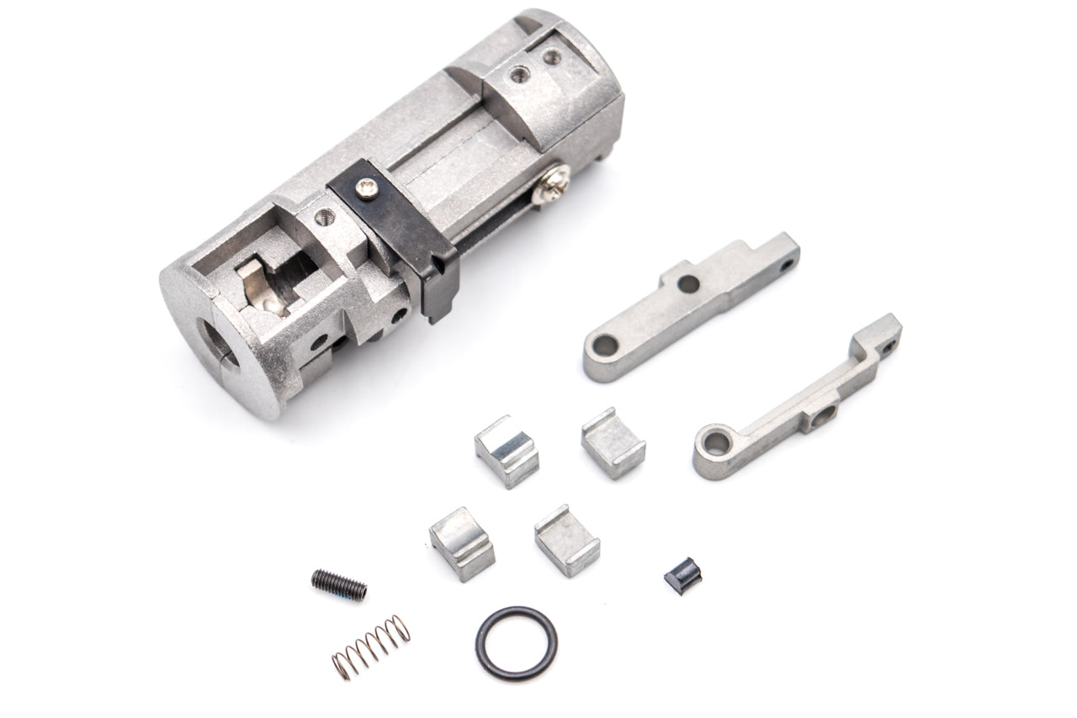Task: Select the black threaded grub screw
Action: pos(339,583)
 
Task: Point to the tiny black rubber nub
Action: pos(682,578)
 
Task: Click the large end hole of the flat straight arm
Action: pos(604,344)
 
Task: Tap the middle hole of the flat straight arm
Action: pos(688,283)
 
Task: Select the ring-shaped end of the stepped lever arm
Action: pos(714,445)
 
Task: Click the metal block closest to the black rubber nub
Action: pos(566,539)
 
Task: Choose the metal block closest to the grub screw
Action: pos(461,543)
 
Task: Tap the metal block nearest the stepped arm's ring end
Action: pos(613,442)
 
